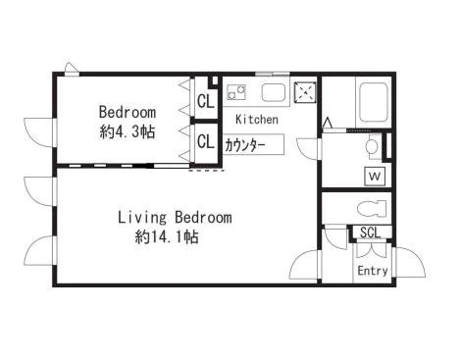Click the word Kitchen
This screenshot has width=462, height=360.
coord(257,120)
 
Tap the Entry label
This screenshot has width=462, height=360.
coord(373,271)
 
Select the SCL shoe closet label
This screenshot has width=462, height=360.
coord(371,232)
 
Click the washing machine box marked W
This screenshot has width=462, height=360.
coord(375,177)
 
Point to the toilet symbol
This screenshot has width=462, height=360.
coord(372,208)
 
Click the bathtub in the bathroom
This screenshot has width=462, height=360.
coord(374,101)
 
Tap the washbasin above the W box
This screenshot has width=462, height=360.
coord(373,146)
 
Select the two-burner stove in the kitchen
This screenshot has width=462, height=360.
coord(236,92)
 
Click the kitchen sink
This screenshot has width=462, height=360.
coord(274,92)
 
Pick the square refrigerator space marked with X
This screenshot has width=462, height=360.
coord(305,92)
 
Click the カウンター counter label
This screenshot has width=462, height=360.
coord(245,145)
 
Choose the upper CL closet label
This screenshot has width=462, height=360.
coord(206,101)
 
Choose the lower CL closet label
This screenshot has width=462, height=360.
coord(206,142)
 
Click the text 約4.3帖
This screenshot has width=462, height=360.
coord(128,132)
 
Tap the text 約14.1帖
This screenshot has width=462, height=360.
coord(167,236)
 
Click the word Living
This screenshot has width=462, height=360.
coord(142,218)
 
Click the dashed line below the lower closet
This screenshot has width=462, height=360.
coord(207,171)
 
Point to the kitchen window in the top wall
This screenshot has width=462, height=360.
coord(273,74)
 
